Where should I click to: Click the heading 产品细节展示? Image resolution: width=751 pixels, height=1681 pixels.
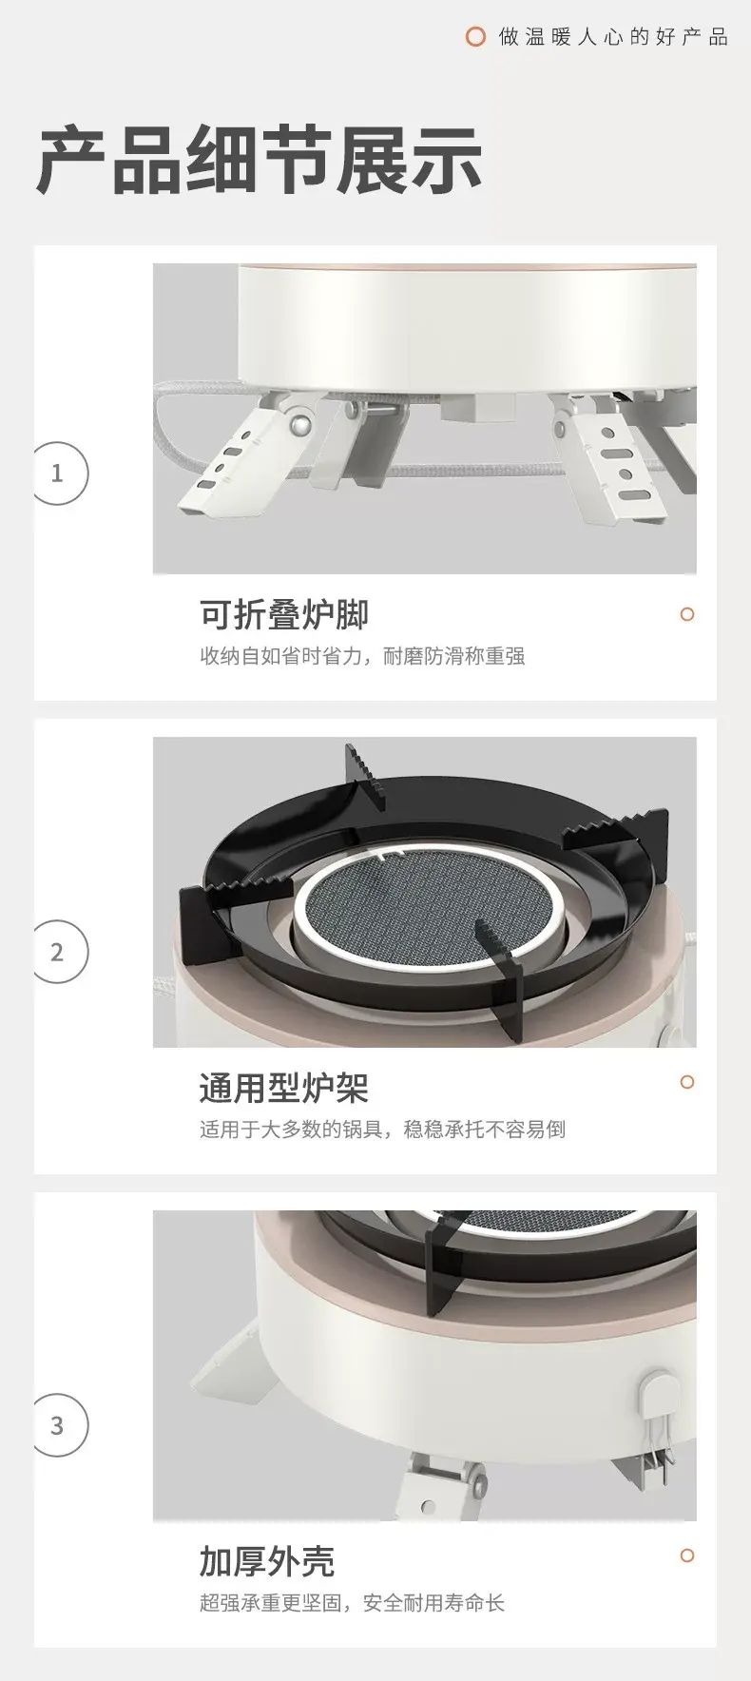[x=260, y=161]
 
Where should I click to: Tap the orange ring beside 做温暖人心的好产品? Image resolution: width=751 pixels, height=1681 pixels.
[x=475, y=37]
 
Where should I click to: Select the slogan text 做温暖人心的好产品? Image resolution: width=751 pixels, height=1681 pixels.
[x=613, y=37]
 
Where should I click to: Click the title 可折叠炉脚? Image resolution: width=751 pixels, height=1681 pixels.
[x=284, y=614]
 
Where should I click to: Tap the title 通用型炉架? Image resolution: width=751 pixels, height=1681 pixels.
[x=284, y=1088]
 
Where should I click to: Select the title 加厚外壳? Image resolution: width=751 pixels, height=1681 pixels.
[x=267, y=1561]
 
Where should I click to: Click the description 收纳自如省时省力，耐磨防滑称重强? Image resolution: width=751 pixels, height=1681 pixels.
[x=362, y=656]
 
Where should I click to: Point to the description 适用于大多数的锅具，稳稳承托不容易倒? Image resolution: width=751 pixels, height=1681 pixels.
[x=382, y=1130]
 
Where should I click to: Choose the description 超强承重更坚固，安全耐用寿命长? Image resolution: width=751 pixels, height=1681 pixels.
[x=352, y=1603]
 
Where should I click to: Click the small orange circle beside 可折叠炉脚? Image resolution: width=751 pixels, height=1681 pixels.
[x=687, y=614]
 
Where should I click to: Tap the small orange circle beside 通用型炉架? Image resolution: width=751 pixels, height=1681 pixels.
[x=687, y=1082]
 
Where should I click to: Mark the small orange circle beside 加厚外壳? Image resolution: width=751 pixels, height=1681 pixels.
[x=687, y=1555]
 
